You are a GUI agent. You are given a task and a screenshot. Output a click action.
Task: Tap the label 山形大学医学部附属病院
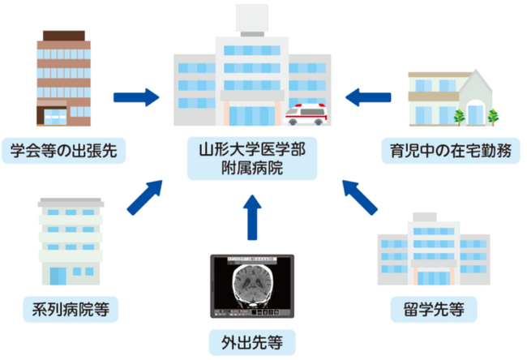tap(251, 160)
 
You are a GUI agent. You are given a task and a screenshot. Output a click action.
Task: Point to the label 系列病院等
tap(72, 309)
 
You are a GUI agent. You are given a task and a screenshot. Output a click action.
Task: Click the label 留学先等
tap(428, 309)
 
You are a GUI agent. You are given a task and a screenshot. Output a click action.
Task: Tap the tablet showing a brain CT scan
tap(251, 287)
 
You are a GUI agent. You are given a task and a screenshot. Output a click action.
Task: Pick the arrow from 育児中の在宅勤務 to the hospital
tap(370, 98)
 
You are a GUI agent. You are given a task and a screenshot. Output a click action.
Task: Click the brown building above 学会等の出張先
tap(63, 80)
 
